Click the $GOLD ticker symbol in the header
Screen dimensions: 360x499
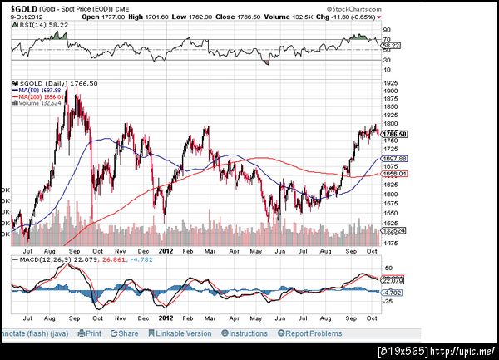coord(22,7)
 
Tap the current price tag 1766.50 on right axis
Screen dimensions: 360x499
coord(396,134)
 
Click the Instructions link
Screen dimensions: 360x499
coord(247,333)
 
